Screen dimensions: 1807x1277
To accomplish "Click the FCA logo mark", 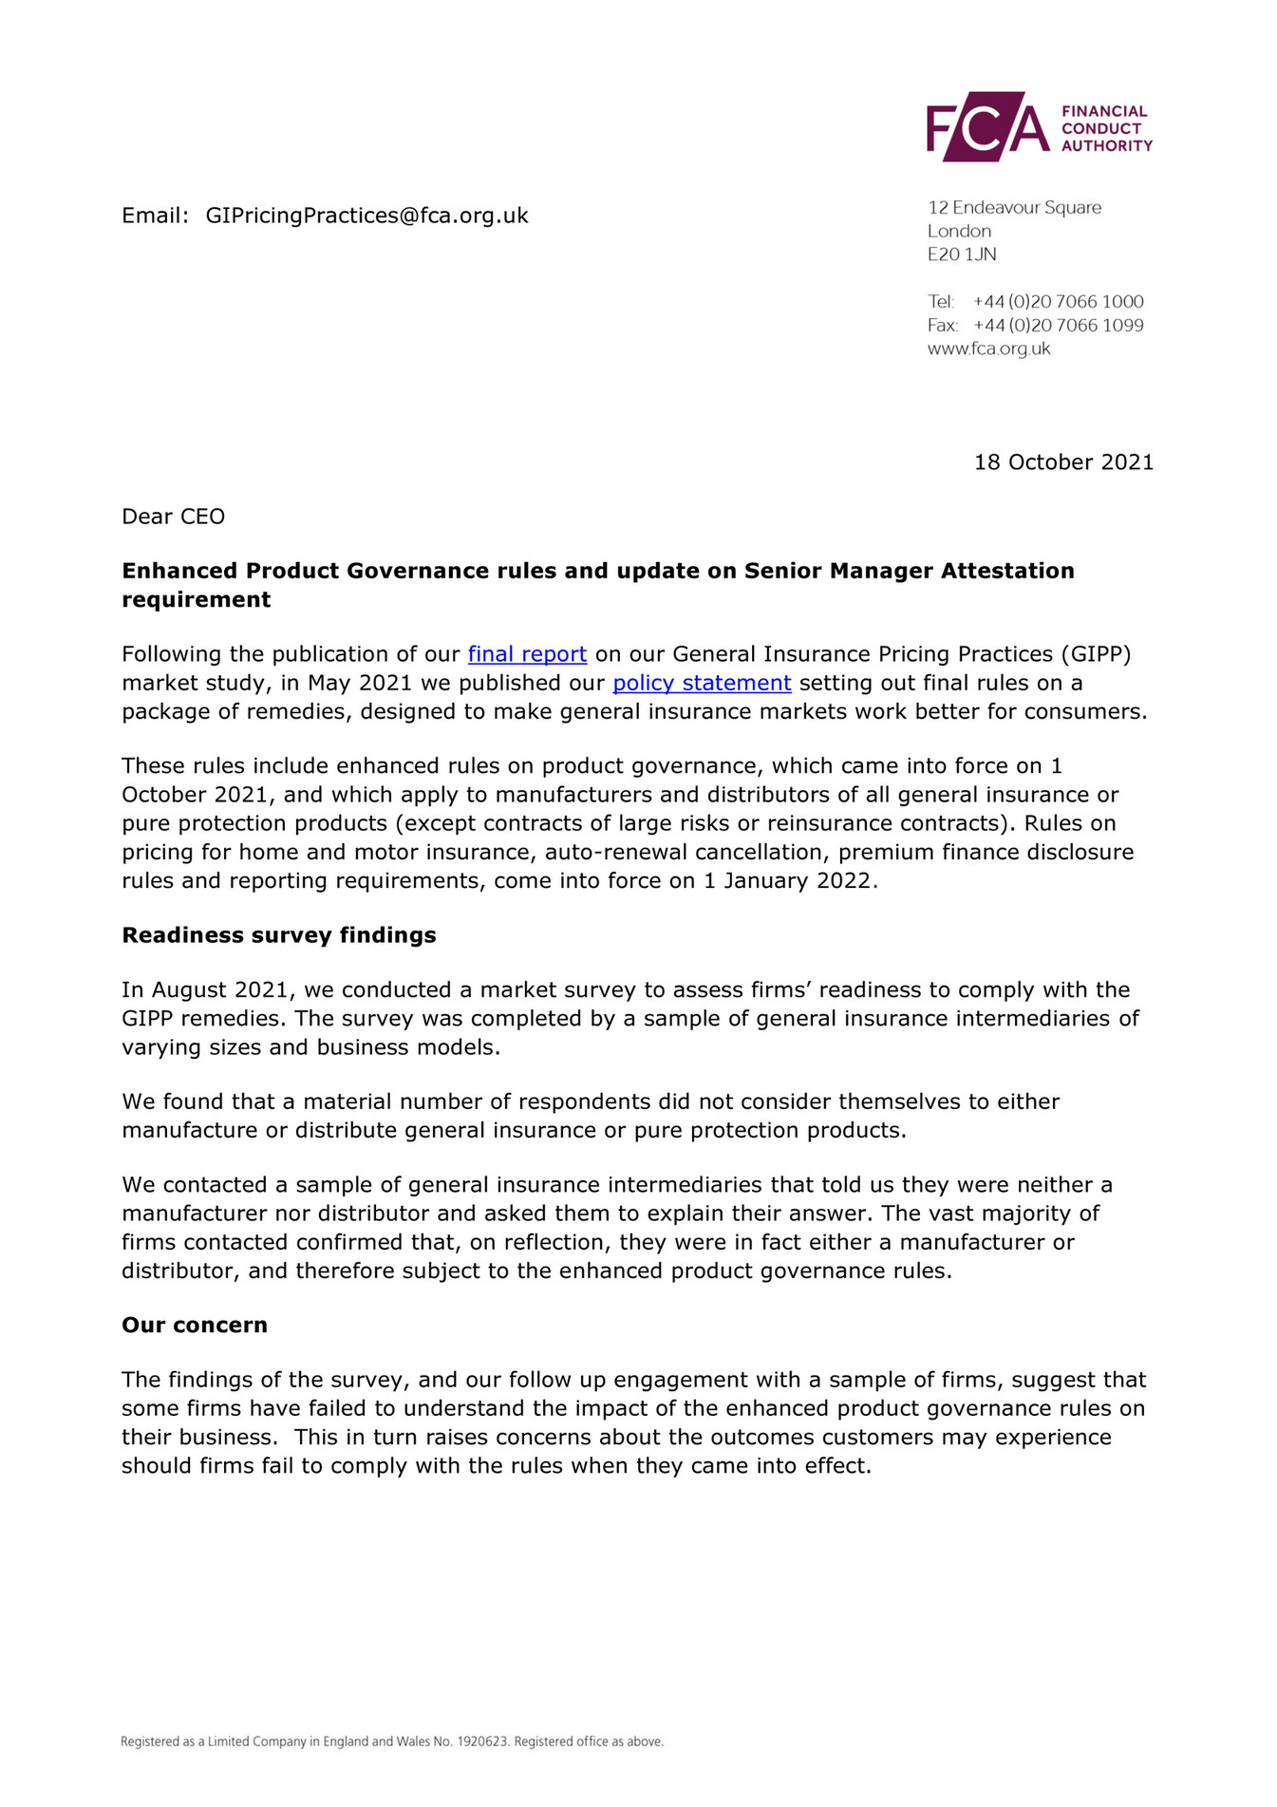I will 987,127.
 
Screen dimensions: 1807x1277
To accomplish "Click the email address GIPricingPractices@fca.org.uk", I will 366,216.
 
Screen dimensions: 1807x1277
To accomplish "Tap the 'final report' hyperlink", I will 527,654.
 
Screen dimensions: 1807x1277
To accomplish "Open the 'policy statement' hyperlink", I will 702,683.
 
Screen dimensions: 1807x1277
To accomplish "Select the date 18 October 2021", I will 1063,462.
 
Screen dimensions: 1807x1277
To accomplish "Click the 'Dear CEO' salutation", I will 173,517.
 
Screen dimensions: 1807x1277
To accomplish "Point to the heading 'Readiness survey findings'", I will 278,935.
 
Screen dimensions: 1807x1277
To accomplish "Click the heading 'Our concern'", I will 194,1325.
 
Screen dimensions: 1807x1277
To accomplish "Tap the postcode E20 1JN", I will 962,254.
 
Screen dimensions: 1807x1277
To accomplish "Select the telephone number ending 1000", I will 1058,302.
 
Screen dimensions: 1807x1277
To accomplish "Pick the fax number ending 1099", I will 1058,326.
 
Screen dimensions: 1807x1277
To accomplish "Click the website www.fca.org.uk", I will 988,348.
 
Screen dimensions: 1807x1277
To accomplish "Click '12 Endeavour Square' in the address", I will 1014,208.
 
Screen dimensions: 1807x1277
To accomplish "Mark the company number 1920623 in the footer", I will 484,1741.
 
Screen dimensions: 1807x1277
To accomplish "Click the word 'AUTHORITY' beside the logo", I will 1106,146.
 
